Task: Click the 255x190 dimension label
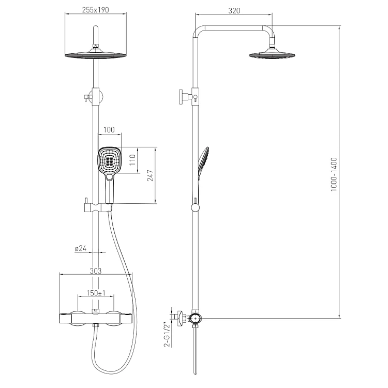click(x=96, y=10)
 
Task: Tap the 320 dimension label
click(x=234, y=11)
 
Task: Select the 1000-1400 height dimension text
click(x=334, y=174)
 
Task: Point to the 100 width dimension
click(x=109, y=130)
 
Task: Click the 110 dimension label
click(x=132, y=160)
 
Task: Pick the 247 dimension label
click(x=151, y=175)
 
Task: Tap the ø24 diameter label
click(x=81, y=248)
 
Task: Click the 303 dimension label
click(x=96, y=271)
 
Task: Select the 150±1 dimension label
click(x=96, y=293)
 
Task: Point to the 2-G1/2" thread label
click(x=168, y=334)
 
